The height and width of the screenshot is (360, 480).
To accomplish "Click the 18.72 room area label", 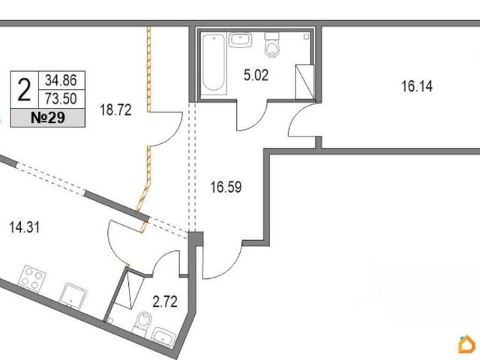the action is (x=115, y=110).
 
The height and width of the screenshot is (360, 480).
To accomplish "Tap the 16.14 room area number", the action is (x=417, y=86).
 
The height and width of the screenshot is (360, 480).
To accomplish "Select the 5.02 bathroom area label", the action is (x=256, y=75).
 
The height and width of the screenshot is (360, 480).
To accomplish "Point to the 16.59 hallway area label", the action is (x=226, y=187).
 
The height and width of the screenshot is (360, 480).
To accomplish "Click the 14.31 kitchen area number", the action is (x=25, y=227).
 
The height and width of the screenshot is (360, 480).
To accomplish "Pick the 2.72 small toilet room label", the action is (x=165, y=302).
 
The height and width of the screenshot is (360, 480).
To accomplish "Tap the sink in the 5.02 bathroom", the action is (x=240, y=40).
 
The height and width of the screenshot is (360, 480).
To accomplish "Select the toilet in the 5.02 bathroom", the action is (x=271, y=45).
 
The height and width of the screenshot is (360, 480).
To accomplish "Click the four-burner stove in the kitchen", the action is (x=32, y=278).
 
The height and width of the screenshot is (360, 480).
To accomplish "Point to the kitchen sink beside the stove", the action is (x=73, y=295).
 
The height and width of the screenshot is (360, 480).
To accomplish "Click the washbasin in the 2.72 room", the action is (x=164, y=337).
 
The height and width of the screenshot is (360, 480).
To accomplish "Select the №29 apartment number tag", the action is (x=48, y=118).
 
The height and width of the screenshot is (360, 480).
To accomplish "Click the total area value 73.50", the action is (x=61, y=98).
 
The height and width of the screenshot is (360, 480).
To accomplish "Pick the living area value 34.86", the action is (x=61, y=80).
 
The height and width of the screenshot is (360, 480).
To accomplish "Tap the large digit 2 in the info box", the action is (x=25, y=90).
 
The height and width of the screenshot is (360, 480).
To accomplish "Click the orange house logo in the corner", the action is (x=467, y=344).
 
